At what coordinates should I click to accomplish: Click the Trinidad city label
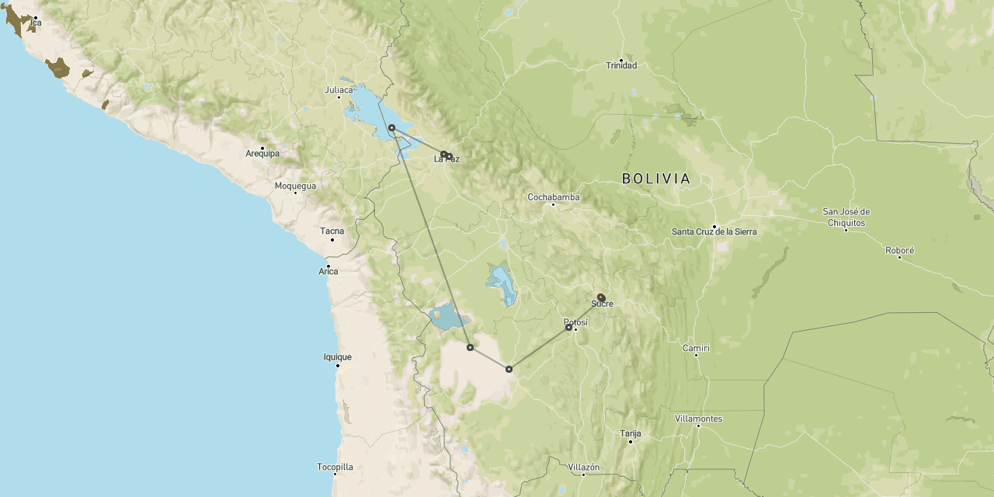click(x=621, y=65)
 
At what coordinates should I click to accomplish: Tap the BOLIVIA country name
click(x=656, y=179)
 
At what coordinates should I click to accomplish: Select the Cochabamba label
click(x=554, y=197)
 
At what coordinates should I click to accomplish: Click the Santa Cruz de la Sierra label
click(x=714, y=231)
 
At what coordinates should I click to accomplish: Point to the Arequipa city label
click(x=262, y=153)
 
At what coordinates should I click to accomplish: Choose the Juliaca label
click(x=339, y=90)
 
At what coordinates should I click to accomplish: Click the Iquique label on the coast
click(x=338, y=357)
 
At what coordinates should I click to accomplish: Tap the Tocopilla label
click(x=335, y=467)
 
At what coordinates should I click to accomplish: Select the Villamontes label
click(x=699, y=419)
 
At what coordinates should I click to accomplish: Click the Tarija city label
click(x=631, y=433)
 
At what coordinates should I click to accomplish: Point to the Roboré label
click(x=900, y=250)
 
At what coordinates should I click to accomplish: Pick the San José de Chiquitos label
click(x=846, y=217)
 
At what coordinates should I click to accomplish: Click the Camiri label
click(x=696, y=348)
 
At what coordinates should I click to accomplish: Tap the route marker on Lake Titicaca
click(x=391, y=127)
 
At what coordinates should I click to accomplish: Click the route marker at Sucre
click(x=600, y=297)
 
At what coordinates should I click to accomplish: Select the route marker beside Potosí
click(x=568, y=328)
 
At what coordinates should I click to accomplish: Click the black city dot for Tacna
click(x=332, y=239)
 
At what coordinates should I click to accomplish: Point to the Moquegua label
click(x=295, y=186)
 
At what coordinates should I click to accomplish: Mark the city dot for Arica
click(x=328, y=266)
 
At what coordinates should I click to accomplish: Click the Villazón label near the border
click(x=584, y=467)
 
